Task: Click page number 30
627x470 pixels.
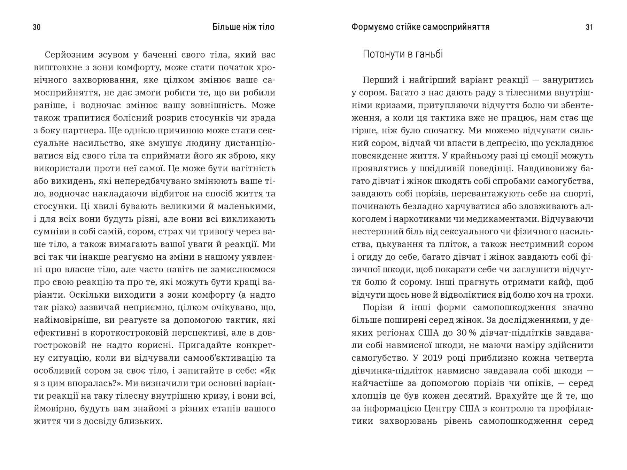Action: pos(37,27)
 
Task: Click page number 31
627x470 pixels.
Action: pos(589,27)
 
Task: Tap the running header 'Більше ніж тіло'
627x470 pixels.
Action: pos(243,27)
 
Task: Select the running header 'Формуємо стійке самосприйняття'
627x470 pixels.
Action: pos(420,27)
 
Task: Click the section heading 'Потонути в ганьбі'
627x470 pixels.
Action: pos(403,54)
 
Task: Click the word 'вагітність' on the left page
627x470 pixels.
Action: pos(253,169)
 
